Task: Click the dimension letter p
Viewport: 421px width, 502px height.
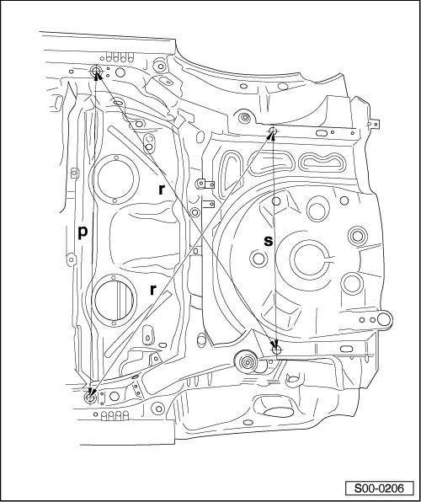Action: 83,232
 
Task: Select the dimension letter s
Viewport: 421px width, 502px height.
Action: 269,241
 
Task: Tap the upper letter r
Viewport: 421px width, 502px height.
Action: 162,190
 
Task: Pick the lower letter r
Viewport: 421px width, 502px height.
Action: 153,290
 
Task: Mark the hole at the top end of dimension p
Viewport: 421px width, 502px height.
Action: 95,71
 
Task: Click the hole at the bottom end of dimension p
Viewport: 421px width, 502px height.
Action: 90,397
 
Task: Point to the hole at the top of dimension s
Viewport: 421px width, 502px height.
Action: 273,131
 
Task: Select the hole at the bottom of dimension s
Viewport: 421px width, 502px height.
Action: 277,350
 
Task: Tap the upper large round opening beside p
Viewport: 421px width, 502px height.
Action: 115,178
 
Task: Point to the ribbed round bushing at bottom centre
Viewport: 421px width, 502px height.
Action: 247,362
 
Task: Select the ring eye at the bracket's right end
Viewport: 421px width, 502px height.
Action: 385,319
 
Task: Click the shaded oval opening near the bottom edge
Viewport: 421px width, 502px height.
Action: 278,413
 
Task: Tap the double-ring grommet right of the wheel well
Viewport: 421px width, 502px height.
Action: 357,236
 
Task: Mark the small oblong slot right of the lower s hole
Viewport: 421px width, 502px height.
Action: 346,349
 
